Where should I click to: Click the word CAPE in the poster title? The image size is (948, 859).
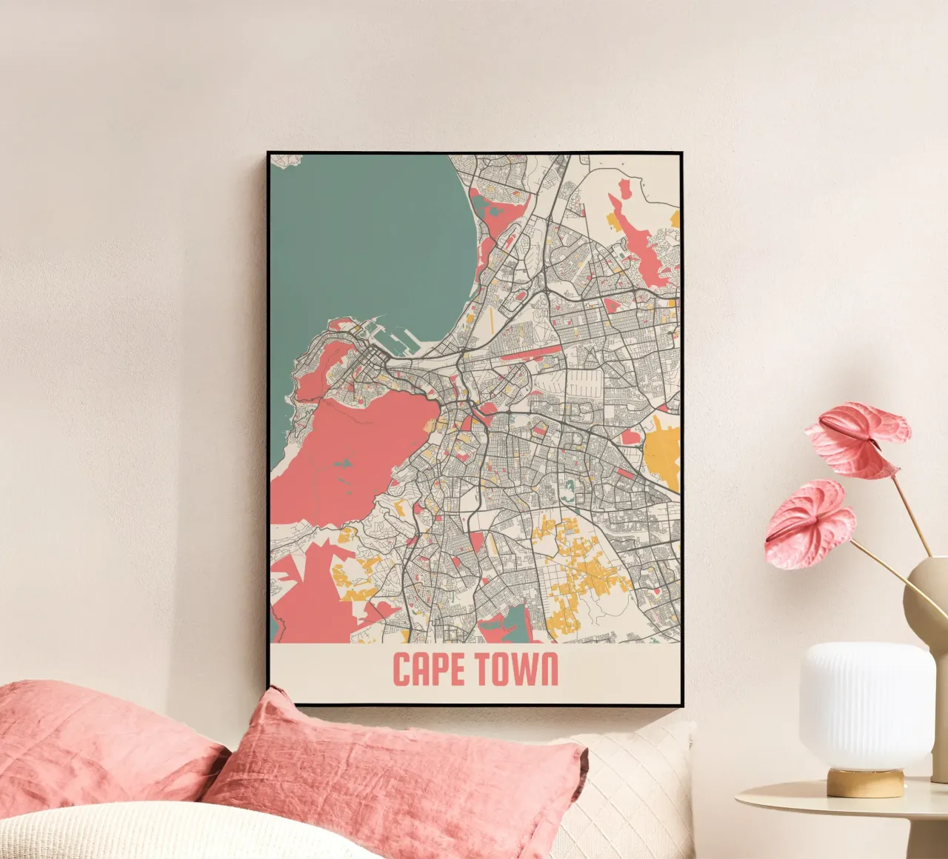click(x=429, y=669)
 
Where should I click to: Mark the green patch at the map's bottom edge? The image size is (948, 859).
click(x=511, y=626)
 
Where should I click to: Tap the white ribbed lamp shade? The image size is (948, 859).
click(x=866, y=703)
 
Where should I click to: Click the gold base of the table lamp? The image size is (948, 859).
click(x=865, y=782)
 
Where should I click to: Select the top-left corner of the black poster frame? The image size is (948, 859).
click(x=269, y=153)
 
